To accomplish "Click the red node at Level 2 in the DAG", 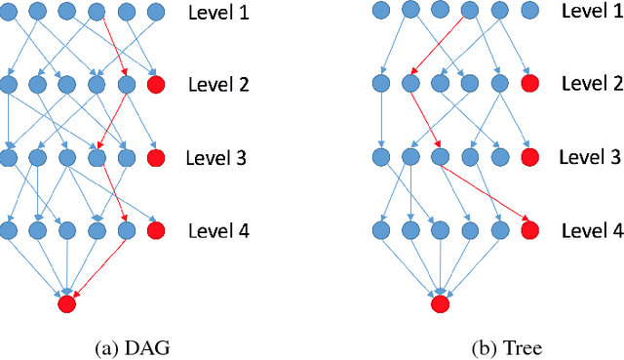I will coord(155,85).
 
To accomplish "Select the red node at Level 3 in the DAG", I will coord(155,157).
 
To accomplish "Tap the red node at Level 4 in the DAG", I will coord(155,231).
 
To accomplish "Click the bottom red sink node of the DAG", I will coord(66,303).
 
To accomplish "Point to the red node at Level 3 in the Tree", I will coord(528,157).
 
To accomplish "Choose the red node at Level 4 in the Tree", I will coord(528,231).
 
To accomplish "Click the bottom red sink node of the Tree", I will coord(440,303).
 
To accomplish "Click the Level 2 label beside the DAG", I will coord(216,85).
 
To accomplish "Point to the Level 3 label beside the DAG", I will coord(216,157).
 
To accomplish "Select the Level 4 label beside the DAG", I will coord(216,231).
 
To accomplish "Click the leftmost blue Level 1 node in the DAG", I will coord(9,12).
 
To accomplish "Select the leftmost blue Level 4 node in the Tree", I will coord(381,231).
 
